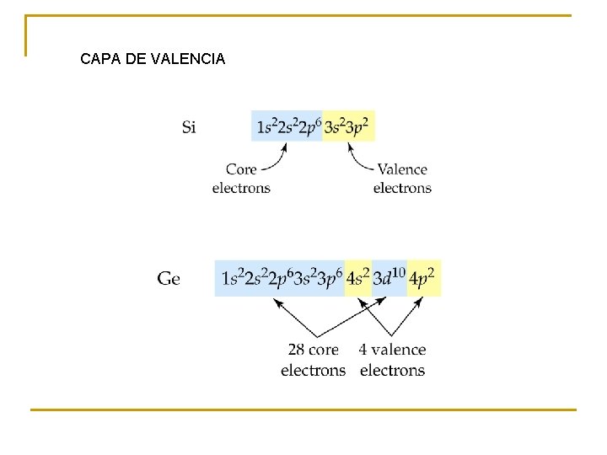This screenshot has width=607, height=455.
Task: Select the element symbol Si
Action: pos(190,127)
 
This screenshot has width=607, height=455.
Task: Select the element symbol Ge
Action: pos(169,278)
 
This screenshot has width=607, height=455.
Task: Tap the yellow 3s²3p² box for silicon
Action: pos(348,126)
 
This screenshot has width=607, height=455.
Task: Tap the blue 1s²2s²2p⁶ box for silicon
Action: pos(287,126)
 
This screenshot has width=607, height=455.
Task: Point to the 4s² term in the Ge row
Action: pos(357,278)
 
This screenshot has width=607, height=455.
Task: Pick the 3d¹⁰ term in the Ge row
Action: pos(389,278)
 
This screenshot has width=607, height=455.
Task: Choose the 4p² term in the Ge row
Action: pos(423,278)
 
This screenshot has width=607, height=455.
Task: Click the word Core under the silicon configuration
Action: pos(241,169)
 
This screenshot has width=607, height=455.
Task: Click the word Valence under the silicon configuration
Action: pos(402,169)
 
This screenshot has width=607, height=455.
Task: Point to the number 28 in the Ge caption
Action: pos(296,349)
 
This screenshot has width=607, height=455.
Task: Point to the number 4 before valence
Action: pos(363,349)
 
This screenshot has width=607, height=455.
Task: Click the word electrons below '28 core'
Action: pos(313,370)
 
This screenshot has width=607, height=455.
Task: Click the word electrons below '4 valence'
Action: pos(392,370)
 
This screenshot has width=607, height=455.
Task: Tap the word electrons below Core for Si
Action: pos(241,188)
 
